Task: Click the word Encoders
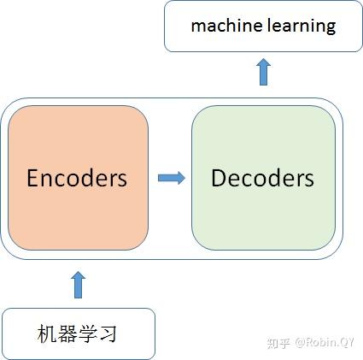[x=77, y=178]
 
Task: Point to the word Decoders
[x=262, y=178]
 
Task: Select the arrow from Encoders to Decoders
[x=171, y=178]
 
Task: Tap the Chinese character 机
[x=49, y=333]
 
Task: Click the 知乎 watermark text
[x=278, y=343]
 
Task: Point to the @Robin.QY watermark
[x=325, y=343]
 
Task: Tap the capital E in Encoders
[x=33, y=178]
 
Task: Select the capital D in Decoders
[x=218, y=178]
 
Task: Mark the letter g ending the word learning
[x=331, y=27]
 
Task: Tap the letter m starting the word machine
[x=197, y=27]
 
